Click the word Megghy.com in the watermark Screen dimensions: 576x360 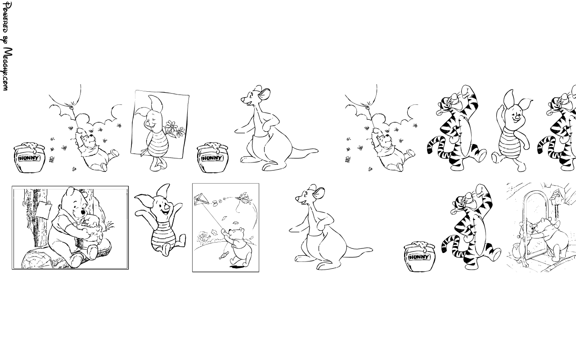click(x=8, y=69)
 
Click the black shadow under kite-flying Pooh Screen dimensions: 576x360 click(x=238, y=267)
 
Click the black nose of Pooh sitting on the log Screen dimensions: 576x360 click(x=83, y=212)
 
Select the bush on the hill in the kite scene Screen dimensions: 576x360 click(x=204, y=237)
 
